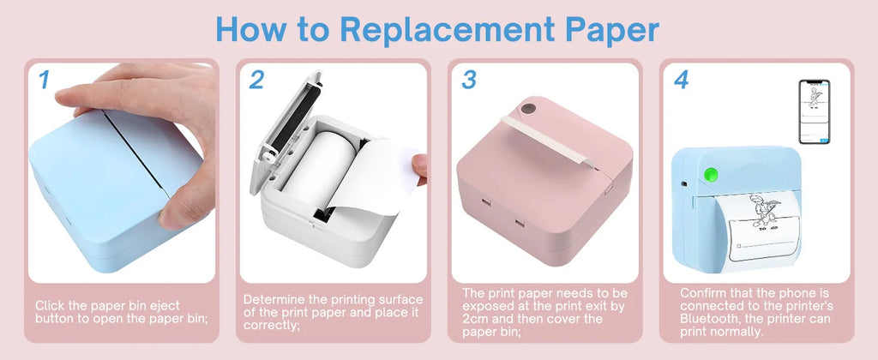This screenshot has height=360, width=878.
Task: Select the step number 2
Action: tap(256, 80)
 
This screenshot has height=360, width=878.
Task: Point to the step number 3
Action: tap(468, 80)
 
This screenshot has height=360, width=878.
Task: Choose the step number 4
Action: tap(681, 80)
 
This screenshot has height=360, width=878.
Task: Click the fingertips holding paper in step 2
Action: tap(419, 167)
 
